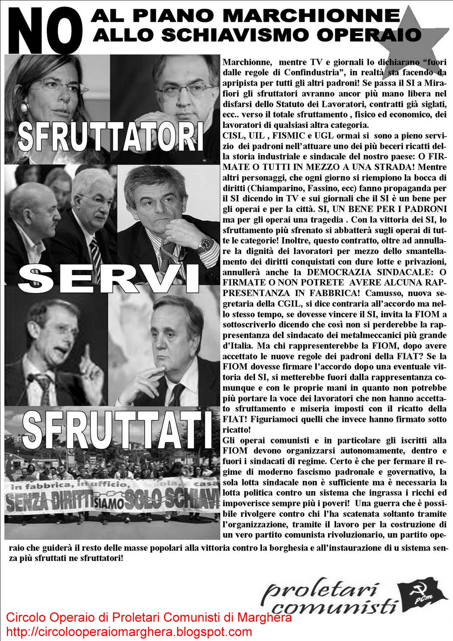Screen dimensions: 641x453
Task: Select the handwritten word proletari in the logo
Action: click(x=320, y=591)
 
